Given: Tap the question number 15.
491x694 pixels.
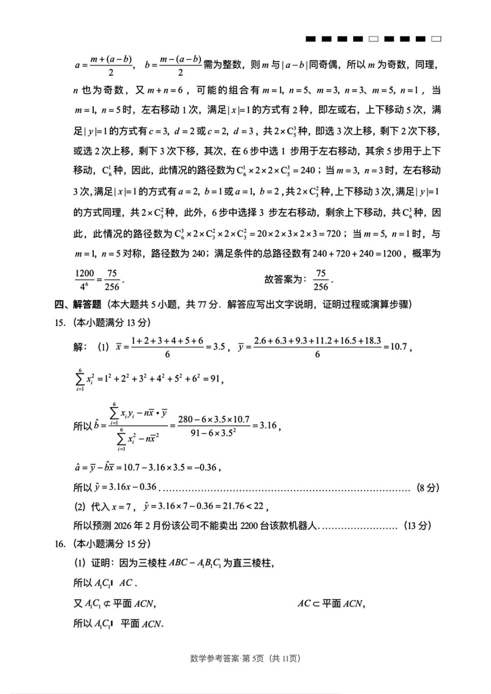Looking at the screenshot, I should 60,323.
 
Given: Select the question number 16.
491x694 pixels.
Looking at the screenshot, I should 60,544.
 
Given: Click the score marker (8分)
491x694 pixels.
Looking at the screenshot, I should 428,488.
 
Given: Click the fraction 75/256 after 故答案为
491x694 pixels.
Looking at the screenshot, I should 321,280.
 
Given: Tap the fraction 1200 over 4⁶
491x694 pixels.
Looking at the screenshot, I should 85,280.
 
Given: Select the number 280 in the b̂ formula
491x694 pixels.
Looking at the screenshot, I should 185,419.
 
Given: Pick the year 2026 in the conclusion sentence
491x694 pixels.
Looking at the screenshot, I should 122,526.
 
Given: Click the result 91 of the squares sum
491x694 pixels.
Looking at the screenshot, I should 215,378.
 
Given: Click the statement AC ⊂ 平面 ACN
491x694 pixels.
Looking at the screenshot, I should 331,604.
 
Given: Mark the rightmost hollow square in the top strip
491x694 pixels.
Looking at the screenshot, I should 436,39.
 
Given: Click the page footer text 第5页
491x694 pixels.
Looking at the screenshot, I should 253,658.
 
